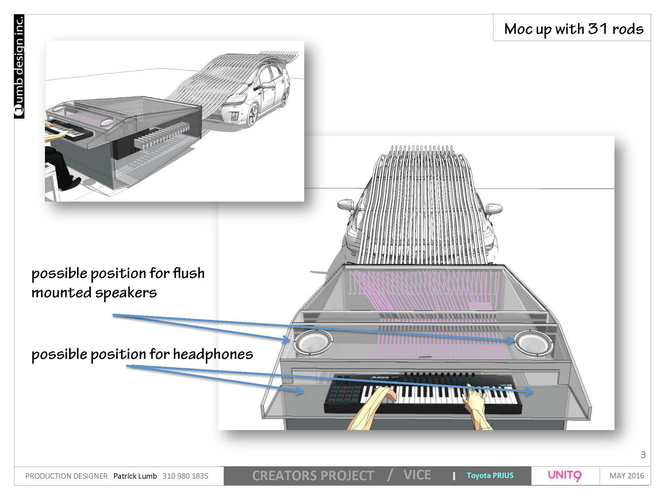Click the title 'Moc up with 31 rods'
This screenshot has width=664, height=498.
click(573, 29)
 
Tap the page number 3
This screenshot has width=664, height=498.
click(643, 455)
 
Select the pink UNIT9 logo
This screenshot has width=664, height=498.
click(564, 476)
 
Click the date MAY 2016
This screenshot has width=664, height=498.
click(627, 476)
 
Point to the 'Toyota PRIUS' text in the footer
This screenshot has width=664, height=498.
click(490, 476)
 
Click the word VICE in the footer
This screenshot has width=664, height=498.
click(417, 475)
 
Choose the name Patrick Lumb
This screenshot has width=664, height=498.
click(135, 476)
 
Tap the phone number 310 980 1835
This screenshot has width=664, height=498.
click(185, 476)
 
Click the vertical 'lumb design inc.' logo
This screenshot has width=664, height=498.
click(19, 66)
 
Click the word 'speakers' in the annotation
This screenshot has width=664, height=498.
click(126, 293)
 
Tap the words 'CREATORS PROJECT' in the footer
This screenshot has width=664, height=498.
click(313, 476)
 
